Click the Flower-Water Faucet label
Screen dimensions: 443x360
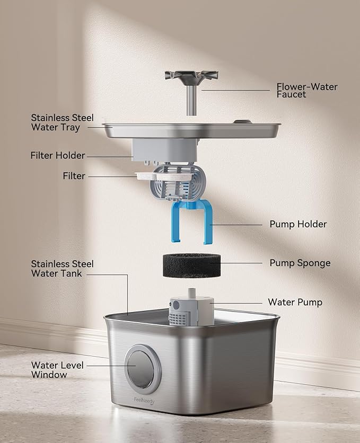pyautogui.click(x=306, y=91)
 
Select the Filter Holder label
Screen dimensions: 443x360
pyautogui.click(x=58, y=155)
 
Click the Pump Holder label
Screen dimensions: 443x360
pyautogui.click(x=298, y=224)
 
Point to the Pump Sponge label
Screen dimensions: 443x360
pyautogui.click(x=300, y=263)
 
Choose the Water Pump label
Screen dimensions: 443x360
pyautogui.click(x=295, y=302)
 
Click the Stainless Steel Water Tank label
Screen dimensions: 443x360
pyautogui.click(x=62, y=269)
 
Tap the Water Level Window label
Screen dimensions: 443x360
pyautogui.click(x=56, y=370)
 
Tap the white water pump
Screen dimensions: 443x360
pyautogui.click(x=191, y=311)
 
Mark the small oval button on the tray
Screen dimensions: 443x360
pyautogui.click(x=243, y=122)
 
